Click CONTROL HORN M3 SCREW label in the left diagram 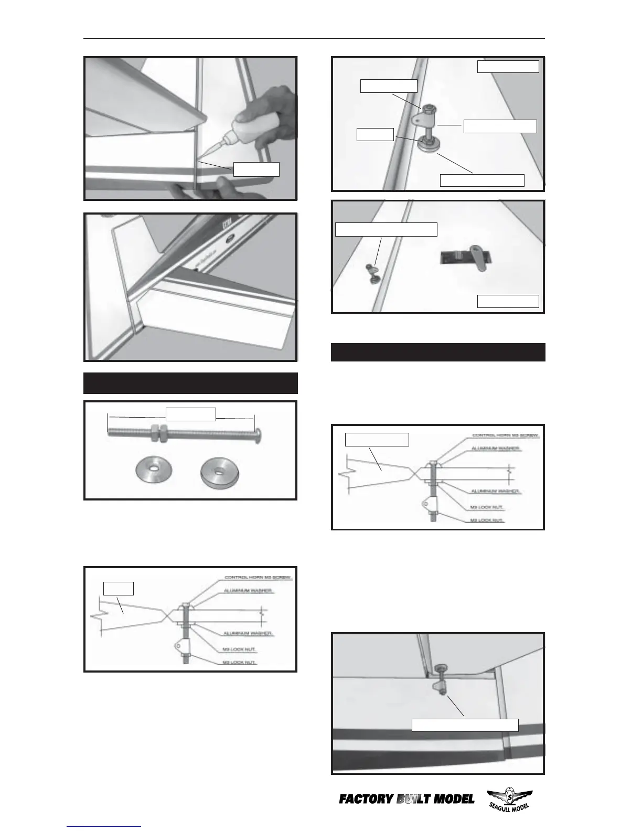tap(259, 578)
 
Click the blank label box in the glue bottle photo tap(256, 169)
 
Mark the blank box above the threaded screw tap(191, 414)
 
